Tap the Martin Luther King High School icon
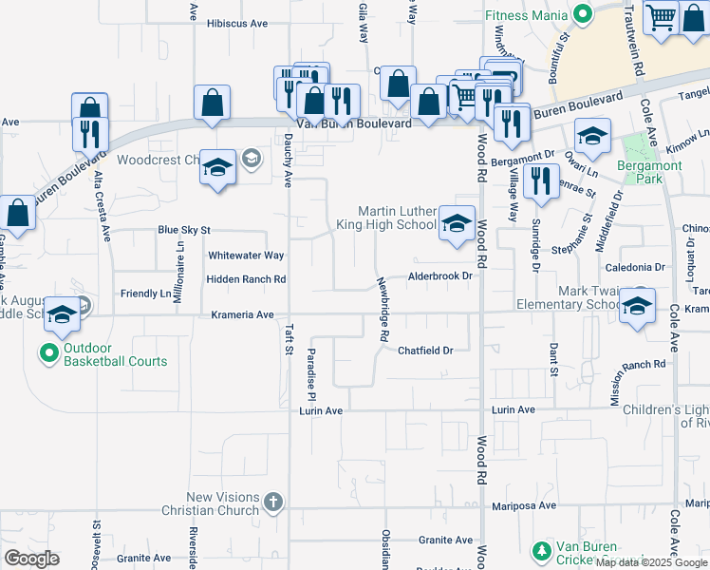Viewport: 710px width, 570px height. [457, 225]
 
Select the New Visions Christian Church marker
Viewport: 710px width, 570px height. [272, 503]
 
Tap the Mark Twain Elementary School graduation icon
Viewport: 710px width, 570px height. [637, 307]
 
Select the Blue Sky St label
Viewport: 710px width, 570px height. [183, 230]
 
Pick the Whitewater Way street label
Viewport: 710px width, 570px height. [246, 256]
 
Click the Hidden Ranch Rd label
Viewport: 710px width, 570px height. [246, 279]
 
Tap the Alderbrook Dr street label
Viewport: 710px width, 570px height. [439, 276]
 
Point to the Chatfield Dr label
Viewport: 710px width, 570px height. [425, 351]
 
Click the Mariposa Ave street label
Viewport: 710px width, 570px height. [521, 505]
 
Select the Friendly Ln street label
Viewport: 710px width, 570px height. [145, 294]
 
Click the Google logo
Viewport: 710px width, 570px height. [31, 559]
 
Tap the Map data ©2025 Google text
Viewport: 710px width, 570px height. [651, 563]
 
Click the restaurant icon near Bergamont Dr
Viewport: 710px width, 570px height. [541, 180]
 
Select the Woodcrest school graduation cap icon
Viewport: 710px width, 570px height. [217, 168]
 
